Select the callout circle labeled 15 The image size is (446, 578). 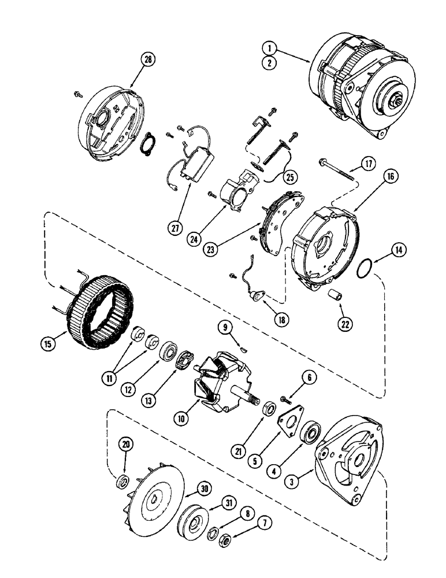49,342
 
